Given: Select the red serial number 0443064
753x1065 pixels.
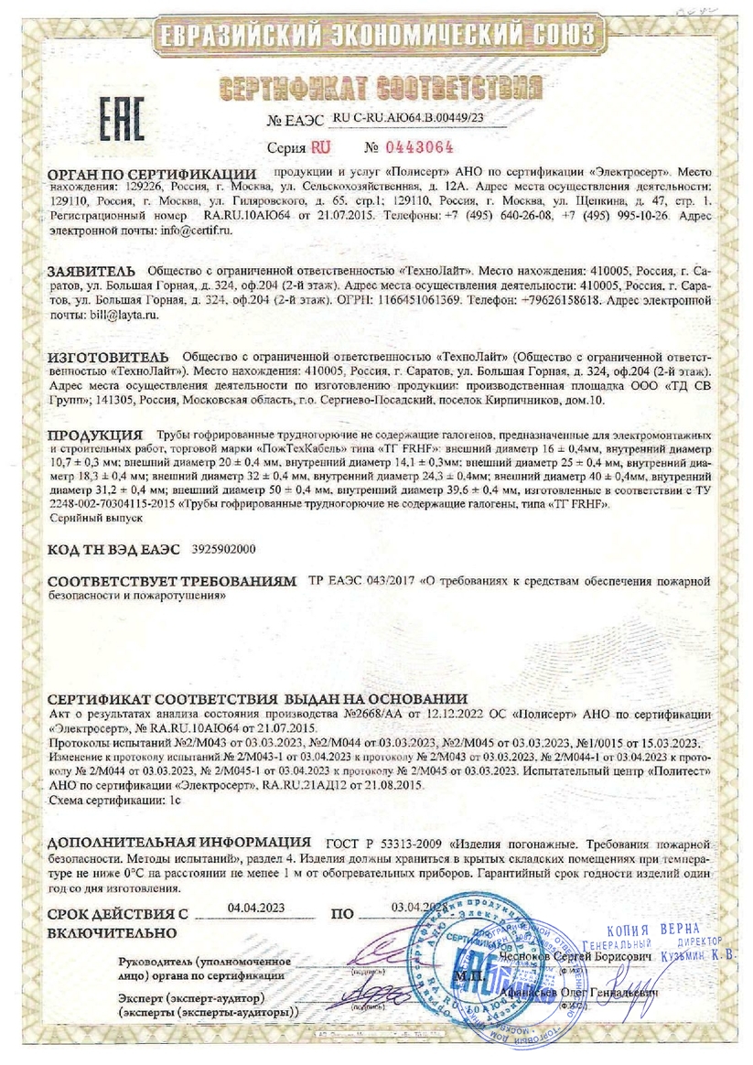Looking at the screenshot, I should pos(423,146).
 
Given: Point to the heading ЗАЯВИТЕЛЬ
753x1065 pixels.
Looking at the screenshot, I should pos(91,272).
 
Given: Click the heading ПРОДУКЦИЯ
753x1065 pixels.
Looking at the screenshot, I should pos(96,435).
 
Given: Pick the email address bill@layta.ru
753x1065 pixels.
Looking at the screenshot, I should pos(121,314).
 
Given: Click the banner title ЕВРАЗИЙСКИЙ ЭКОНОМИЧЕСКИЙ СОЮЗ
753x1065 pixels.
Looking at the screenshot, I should pos(376,38).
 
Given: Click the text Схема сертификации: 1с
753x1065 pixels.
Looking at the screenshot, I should pos(114,799).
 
